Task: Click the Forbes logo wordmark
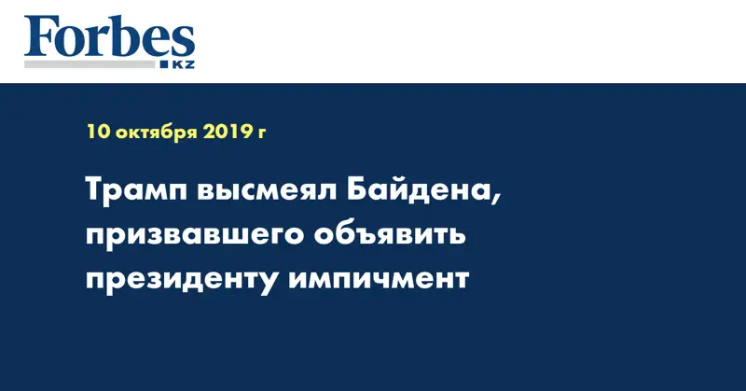(x=110, y=39)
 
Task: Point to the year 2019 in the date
(x=227, y=133)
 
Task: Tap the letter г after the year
(x=262, y=134)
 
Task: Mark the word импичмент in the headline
(x=379, y=279)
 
